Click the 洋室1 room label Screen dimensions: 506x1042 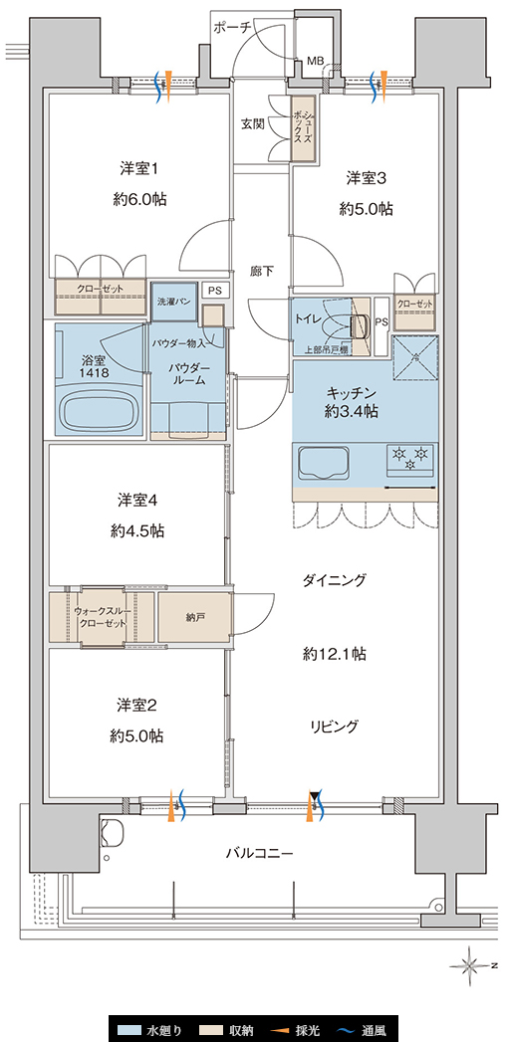pos(139,168)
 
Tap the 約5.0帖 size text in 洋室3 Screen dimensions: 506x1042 pos(365,209)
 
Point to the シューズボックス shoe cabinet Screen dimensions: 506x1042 pos(304,127)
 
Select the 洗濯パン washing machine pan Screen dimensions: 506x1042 pos(174,301)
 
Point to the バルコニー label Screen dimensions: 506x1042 pos(259,853)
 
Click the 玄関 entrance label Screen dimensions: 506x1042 pos(252,123)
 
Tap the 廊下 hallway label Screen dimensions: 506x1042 pos(261,271)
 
